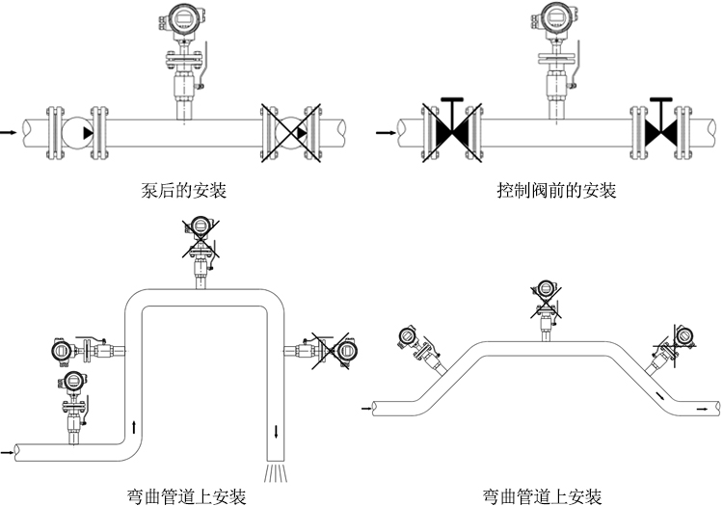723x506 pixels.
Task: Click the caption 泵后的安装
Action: click(x=183, y=191)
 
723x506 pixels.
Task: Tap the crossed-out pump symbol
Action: click(x=287, y=131)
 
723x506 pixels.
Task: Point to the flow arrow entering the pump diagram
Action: click(x=9, y=130)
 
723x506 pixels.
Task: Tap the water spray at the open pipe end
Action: click(x=275, y=472)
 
